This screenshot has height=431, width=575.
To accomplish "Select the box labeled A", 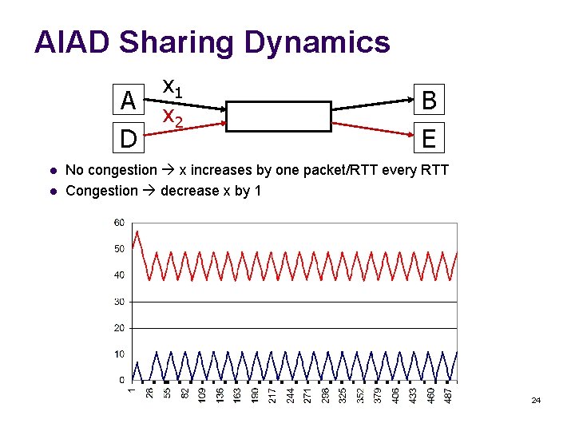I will click(x=127, y=101).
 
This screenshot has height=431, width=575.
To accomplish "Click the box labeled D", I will click(x=127, y=139).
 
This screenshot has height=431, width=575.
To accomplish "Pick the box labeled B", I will click(x=429, y=101).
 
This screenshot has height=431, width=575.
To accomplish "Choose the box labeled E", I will click(x=429, y=139).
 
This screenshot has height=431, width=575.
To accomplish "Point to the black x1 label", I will click(x=172, y=86).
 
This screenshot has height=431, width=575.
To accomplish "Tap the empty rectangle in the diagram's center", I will click(x=278, y=116).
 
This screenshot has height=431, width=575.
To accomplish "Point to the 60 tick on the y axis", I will click(x=119, y=223).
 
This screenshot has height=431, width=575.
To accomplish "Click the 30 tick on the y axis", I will click(x=119, y=302).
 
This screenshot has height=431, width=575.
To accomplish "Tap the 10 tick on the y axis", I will click(x=119, y=354).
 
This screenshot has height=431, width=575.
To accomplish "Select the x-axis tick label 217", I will click(x=273, y=394).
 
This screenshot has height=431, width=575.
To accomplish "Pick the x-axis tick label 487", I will click(x=449, y=394).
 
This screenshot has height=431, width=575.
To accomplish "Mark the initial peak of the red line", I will click(x=137, y=231).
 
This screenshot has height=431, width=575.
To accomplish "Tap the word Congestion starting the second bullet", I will click(x=101, y=190).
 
